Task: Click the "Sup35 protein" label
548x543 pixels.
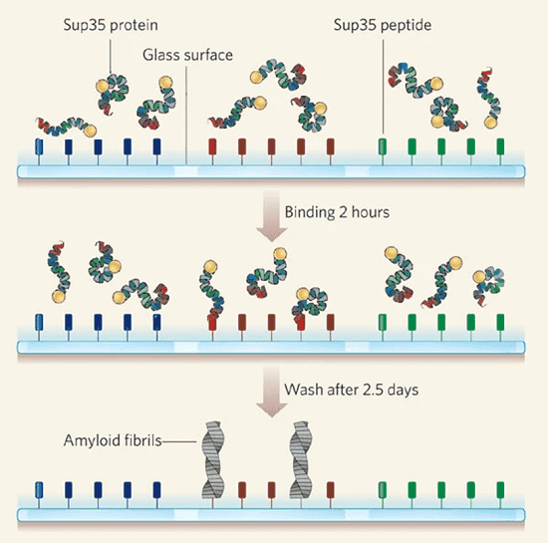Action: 111,26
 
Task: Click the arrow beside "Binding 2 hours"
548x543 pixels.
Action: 272,215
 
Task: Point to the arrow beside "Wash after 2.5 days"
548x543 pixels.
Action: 272,392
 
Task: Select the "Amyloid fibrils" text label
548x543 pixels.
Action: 113,440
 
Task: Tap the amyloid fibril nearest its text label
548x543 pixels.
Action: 213,459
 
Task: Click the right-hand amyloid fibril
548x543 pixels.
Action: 301,459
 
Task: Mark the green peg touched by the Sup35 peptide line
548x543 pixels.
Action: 383,146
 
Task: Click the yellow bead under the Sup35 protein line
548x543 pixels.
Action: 103,86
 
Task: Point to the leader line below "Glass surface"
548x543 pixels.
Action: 186,116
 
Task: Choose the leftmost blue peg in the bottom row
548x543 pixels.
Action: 39,490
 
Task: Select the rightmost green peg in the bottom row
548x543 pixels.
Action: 500,490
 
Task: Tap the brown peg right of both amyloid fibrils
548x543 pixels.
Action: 330,490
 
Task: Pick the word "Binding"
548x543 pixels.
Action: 310,213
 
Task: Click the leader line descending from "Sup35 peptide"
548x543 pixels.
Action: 383,87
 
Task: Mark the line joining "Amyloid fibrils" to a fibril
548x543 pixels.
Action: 179,441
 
